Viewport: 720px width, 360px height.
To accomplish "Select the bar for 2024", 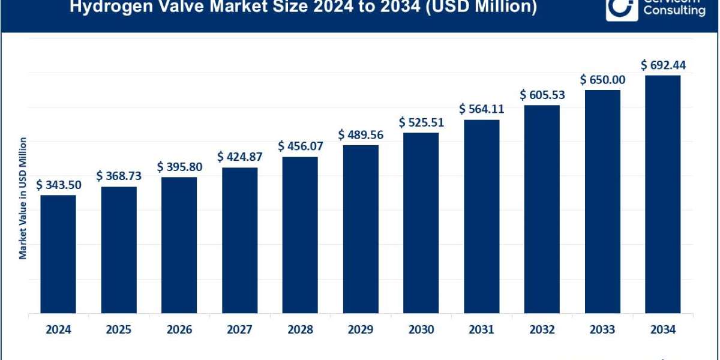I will (x=58, y=254).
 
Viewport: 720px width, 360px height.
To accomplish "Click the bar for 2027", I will (x=239, y=240).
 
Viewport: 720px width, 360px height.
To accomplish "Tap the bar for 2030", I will (x=421, y=223).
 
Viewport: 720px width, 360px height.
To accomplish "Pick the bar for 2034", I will (x=662, y=194).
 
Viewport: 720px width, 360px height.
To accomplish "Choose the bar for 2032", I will (x=542, y=209).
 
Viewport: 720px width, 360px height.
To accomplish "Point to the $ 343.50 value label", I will (x=58, y=185).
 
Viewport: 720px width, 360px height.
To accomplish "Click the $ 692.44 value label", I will (x=663, y=65).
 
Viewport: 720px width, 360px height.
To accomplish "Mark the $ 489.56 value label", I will (x=361, y=134).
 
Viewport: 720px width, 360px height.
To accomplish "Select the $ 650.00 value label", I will (x=602, y=80).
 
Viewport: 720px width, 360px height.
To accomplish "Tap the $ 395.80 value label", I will (x=179, y=167).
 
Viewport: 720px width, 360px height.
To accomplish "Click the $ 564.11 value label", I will (x=481, y=109).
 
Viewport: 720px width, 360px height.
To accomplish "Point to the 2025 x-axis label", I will (x=118, y=329).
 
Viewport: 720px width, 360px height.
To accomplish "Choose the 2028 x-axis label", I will (x=299, y=329).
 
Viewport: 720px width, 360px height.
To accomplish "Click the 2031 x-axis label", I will (x=481, y=329).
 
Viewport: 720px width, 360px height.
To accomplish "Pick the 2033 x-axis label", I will (x=602, y=329).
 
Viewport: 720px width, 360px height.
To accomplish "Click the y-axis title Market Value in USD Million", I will (x=23, y=198).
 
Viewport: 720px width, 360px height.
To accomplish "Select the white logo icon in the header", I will (x=620, y=9).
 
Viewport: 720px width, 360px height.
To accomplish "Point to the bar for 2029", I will (x=361, y=229).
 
